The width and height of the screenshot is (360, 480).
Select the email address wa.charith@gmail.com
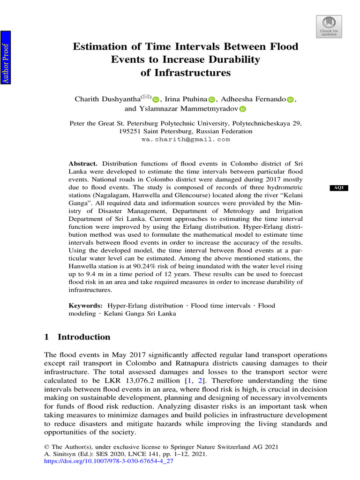pyautogui.click(x=186, y=139)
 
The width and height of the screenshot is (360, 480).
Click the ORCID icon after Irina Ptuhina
pyautogui.click(x=211, y=99)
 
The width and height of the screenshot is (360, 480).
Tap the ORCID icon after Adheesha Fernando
pyautogui.click(x=290, y=99)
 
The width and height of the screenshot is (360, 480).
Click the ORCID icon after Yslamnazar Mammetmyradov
pyautogui.click(x=242, y=109)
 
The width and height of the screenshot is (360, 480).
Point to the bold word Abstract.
pyautogui.click(x=82, y=164)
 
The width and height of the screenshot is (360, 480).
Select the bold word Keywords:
pyautogui.click(x=86, y=306)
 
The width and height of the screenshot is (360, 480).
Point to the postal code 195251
pyautogui.click(x=130, y=132)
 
